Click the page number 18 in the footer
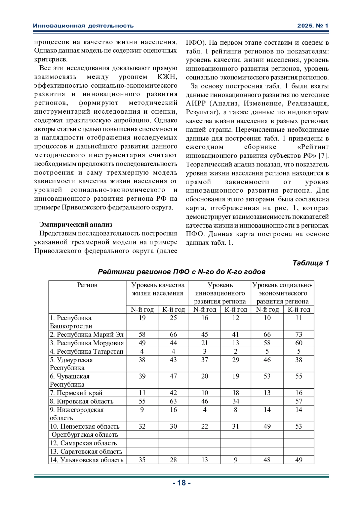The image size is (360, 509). [181, 483]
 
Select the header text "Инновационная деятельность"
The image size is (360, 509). [83, 26]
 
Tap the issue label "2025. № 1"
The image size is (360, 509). [313, 26]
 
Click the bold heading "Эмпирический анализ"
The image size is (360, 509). [76, 225]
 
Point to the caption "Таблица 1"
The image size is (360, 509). [311, 263]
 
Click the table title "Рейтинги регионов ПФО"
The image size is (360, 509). [181, 272]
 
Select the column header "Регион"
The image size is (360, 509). [87, 285]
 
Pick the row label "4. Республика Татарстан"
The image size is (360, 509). [87, 351]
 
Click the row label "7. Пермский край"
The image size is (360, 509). [76, 393]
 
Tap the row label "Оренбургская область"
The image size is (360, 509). [85, 435]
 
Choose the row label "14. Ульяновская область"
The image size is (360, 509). [87, 460]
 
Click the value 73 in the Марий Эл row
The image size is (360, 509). [299, 334]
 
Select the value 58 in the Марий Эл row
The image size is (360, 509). [142, 334]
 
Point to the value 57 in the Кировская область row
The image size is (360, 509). [299, 401]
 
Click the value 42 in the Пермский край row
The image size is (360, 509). [173, 393]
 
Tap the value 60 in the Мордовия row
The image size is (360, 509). [299, 343]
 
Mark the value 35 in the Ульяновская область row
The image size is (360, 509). [142, 460]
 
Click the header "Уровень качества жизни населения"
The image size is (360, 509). [158, 289]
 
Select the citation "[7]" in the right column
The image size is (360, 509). [323, 156]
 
